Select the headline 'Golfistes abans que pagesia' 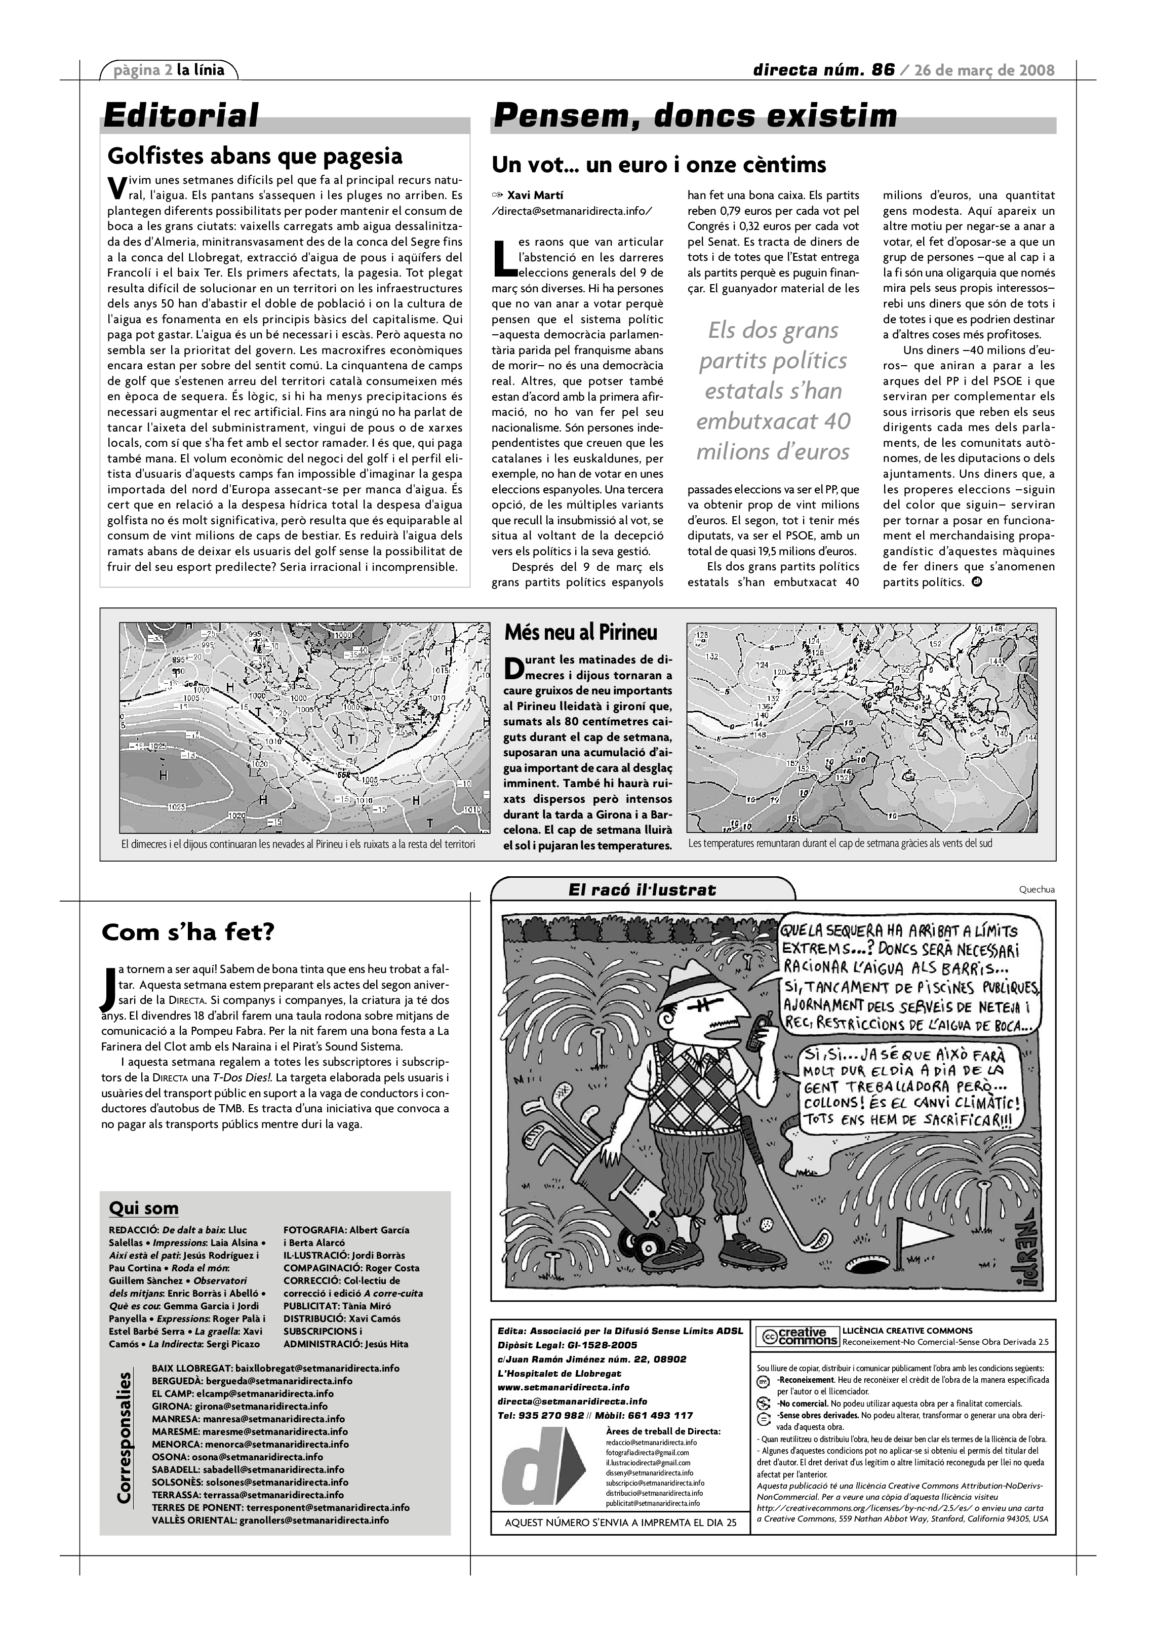(255, 156)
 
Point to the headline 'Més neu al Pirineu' (581, 632)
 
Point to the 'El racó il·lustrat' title (642, 889)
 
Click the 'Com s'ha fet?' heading (187, 932)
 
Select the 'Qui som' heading (144, 1209)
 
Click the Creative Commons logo (796, 1337)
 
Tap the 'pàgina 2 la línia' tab (170, 70)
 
